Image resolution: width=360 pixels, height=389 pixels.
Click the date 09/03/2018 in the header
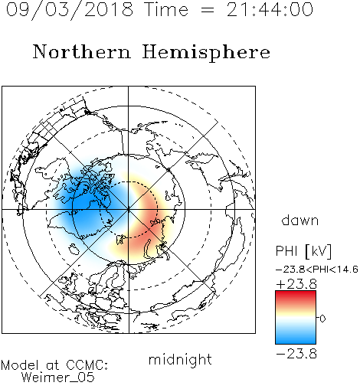(x=70, y=10)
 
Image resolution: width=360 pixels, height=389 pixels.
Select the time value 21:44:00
(x=270, y=9)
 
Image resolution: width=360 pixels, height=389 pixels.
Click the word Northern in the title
(x=82, y=51)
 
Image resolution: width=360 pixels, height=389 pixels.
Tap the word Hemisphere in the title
(x=206, y=53)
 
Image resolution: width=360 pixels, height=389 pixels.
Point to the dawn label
(x=300, y=221)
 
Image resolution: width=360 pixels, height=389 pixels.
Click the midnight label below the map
(x=180, y=360)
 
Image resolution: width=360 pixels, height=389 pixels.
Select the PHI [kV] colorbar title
(x=303, y=251)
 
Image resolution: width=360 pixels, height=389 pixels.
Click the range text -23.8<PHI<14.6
(x=317, y=270)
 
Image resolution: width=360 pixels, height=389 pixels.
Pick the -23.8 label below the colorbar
(x=296, y=354)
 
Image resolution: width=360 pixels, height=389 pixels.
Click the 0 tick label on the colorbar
(x=322, y=319)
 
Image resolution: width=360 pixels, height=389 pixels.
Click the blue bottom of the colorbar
(x=296, y=339)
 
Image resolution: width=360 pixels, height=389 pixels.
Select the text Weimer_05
(x=58, y=378)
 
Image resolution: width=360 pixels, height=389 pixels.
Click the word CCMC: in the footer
(x=87, y=365)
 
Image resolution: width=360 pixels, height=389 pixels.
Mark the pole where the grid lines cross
(x=129, y=210)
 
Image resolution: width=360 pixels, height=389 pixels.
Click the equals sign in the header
(x=207, y=10)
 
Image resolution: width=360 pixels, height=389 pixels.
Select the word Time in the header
(x=166, y=10)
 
